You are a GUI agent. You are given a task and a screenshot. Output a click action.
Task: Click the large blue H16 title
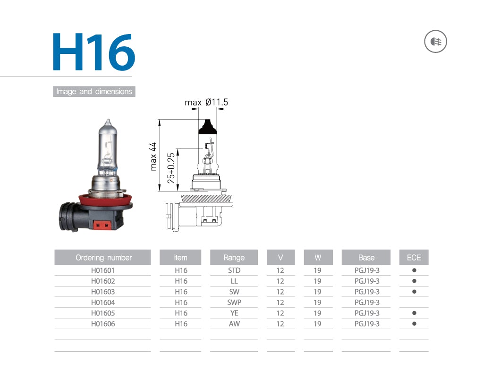(93, 52)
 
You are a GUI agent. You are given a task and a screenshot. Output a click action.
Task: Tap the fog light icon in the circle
(435, 43)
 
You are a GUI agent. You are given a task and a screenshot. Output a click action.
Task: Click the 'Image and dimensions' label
(94, 92)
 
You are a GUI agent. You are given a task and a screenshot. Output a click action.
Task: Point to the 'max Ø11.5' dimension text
(206, 102)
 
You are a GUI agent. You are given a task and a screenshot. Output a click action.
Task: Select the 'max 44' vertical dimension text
(153, 156)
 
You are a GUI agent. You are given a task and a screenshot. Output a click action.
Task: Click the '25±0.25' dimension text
(171, 167)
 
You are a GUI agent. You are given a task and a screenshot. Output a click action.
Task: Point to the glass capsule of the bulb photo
(107, 147)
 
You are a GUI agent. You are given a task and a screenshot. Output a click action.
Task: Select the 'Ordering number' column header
(103, 258)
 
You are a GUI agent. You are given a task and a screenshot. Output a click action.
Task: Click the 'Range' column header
(234, 258)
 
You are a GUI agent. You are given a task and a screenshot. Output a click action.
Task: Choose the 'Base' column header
(366, 258)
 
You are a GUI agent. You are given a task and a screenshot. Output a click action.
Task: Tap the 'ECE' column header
(414, 258)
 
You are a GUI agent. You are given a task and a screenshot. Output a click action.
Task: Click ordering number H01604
(103, 303)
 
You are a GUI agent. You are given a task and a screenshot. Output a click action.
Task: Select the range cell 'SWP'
(234, 303)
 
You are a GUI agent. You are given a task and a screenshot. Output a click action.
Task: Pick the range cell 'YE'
(234, 313)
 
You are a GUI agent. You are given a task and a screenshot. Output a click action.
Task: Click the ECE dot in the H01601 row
(414, 270)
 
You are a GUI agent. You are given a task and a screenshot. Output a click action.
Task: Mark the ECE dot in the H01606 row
(414, 324)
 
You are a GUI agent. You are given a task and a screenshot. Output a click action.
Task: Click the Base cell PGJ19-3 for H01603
(366, 292)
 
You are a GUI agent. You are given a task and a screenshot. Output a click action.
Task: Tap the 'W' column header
(318, 258)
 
